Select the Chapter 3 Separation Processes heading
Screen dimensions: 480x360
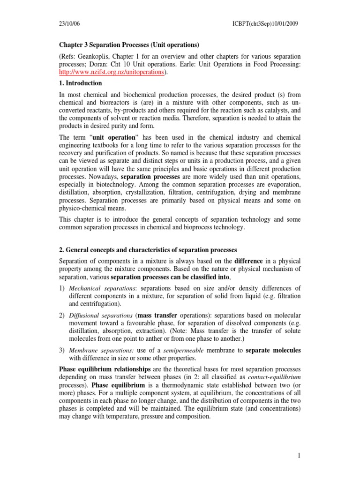coord(129,45)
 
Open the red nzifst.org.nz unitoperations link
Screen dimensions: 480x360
coord(111,72)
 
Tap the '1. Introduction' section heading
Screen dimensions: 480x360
coord(80,83)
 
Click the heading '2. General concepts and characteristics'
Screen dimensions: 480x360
coord(148,249)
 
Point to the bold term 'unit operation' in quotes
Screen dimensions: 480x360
coord(111,136)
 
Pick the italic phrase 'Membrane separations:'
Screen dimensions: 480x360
coord(98,351)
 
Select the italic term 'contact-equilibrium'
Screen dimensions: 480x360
coord(274,376)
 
